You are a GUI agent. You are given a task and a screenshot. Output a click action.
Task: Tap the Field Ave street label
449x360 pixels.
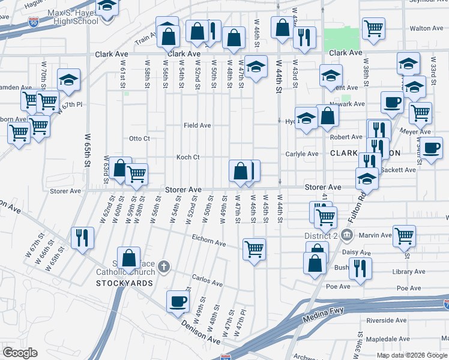click(x=197, y=125)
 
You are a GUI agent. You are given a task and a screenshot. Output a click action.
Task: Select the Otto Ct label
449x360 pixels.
click(x=139, y=139)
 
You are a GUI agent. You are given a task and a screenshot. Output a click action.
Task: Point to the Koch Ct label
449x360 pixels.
click(x=187, y=157)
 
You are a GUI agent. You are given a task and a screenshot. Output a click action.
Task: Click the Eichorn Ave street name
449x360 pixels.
click(x=208, y=244)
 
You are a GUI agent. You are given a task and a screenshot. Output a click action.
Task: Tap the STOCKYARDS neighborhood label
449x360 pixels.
click(x=124, y=283)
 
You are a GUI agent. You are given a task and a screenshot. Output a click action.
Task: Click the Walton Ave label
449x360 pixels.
click(x=426, y=28)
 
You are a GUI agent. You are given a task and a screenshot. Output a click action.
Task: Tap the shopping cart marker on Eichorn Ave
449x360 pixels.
click(x=255, y=247)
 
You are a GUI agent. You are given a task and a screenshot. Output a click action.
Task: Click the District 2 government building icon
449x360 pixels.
click(x=346, y=234)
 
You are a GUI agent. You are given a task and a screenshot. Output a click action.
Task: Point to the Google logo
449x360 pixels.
click(x=20, y=353)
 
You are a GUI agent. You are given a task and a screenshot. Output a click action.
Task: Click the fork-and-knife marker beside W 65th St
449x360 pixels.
click(x=82, y=237)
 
